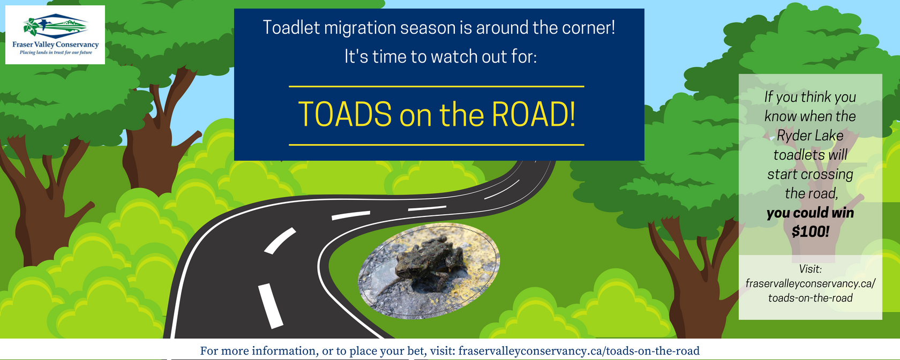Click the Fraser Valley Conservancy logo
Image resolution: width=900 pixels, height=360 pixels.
pyautogui.click(x=55, y=35)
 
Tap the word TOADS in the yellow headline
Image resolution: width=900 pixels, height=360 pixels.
pyautogui.click(x=345, y=115)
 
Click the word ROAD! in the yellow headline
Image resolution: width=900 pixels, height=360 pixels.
pyautogui.click(x=533, y=115)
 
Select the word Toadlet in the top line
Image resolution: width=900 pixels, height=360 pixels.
pyautogui.click(x=291, y=28)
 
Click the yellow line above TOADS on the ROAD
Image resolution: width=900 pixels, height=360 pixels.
pyautogui.click(x=436, y=86)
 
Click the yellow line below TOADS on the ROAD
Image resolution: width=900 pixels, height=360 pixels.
pyautogui.click(x=436, y=145)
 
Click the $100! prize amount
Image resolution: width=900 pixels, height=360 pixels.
pyautogui.click(x=810, y=232)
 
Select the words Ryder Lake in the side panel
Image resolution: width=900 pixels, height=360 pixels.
pyautogui.click(x=810, y=136)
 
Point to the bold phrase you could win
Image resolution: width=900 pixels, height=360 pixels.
pyautogui.click(x=810, y=213)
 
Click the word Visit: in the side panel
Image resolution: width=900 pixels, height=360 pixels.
pyautogui.click(x=810, y=269)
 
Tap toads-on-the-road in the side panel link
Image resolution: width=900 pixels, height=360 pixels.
pyautogui.click(x=810, y=298)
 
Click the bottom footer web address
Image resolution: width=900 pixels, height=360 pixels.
pyautogui.click(x=579, y=351)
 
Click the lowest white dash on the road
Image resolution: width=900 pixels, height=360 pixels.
pyautogui.click(x=271, y=305)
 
